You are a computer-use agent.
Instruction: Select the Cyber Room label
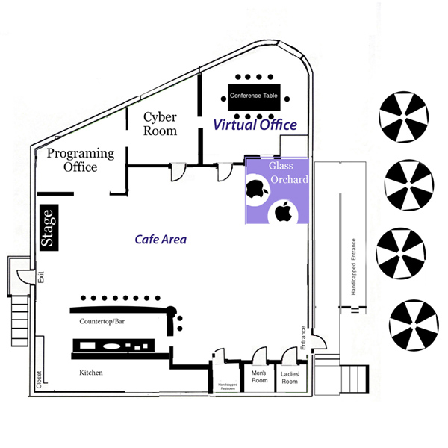pos(161,124)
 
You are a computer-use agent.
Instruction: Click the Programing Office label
pos(81,160)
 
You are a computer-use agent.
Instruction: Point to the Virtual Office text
pos(255,125)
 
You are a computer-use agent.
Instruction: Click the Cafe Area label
pos(161,240)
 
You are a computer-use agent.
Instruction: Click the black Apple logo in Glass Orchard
pos(256,188)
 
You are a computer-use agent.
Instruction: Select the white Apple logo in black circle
pos(284,212)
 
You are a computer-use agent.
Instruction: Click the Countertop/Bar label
pos(105,321)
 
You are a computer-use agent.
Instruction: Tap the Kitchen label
pos(90,372)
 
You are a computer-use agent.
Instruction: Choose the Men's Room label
pos(258,376)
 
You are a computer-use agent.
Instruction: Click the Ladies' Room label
pos(289,377)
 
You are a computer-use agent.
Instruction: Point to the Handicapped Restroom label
pos(228,387)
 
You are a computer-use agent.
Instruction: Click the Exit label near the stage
pos(41,276)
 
